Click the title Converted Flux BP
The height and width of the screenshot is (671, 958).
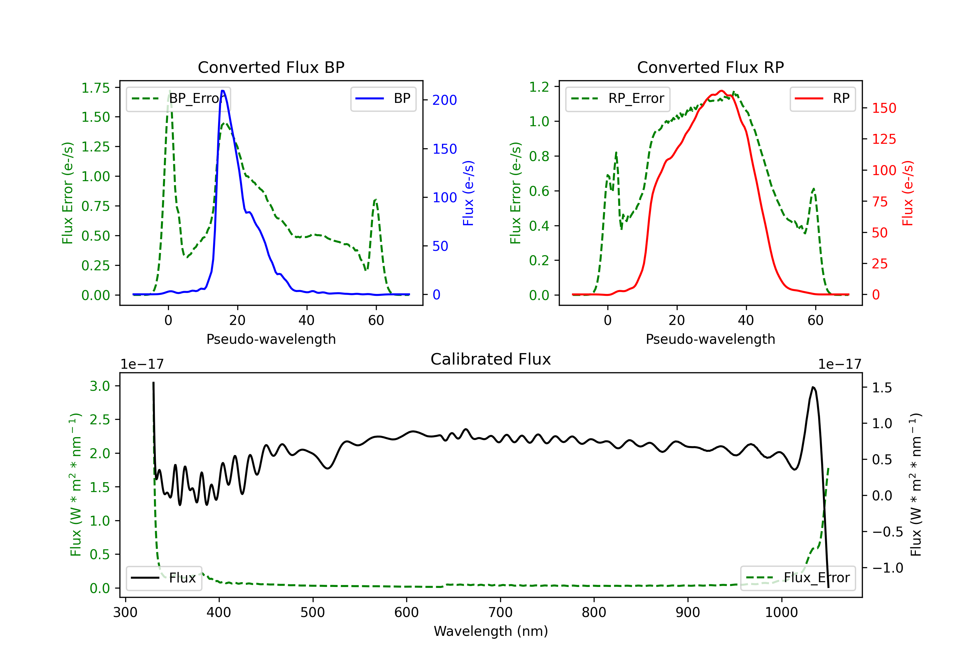(x=271, y=67)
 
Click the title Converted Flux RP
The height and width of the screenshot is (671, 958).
(x=710, y=67)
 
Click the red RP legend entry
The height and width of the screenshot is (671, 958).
(x=822, y=98)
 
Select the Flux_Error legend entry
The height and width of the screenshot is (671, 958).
(x=798, y=578)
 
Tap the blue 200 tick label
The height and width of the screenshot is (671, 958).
(x=445, y=100)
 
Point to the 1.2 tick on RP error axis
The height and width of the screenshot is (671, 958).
(x=539, y=87)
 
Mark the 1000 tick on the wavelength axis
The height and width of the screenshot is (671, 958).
(x=781, y=613)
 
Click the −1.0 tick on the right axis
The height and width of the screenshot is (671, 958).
(x=887, y=568)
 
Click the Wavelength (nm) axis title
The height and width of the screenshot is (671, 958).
(x=491, y=631)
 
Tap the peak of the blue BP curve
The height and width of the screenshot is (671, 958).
(x=223, y=91)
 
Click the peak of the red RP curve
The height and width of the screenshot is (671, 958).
(x=721, y=91)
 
